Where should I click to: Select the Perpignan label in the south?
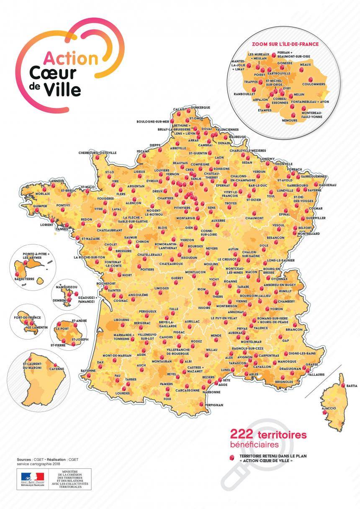coord(214,405)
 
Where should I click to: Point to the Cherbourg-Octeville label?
coord(98,153)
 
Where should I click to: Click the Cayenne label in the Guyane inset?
coord(57,369)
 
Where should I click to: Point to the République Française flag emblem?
coord(32,476)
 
